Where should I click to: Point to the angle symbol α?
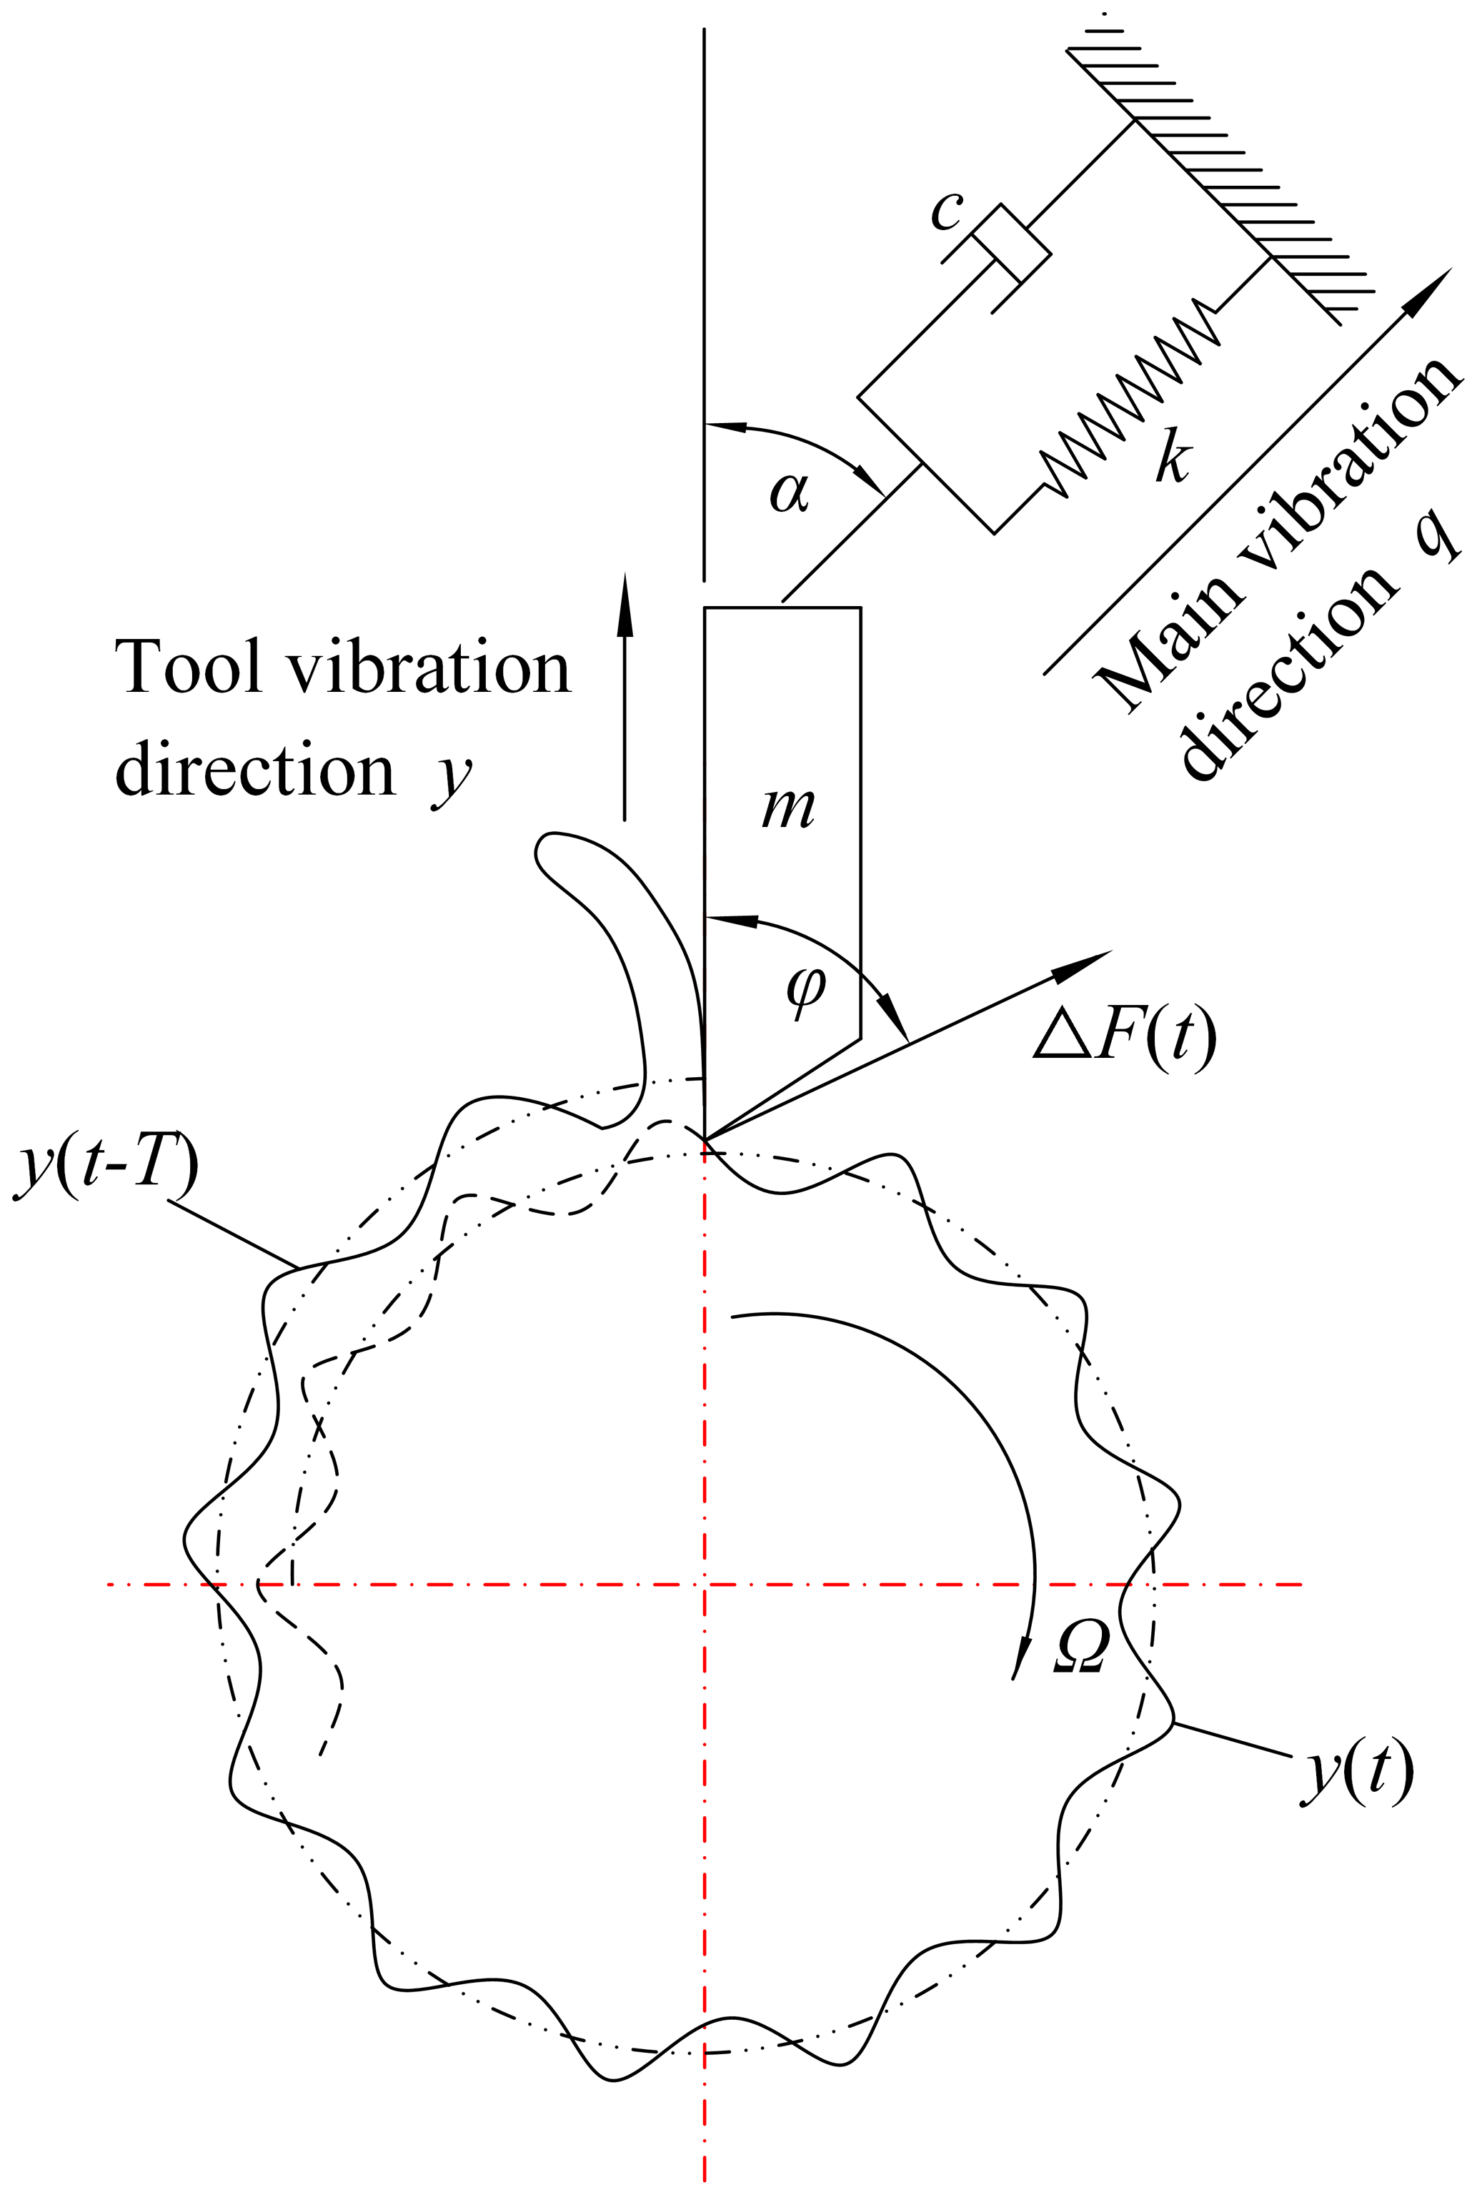[790, 492]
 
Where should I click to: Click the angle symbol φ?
[805, 989]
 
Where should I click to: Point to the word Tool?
[189, 667]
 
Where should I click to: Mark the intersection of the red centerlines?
[705, 1585]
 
